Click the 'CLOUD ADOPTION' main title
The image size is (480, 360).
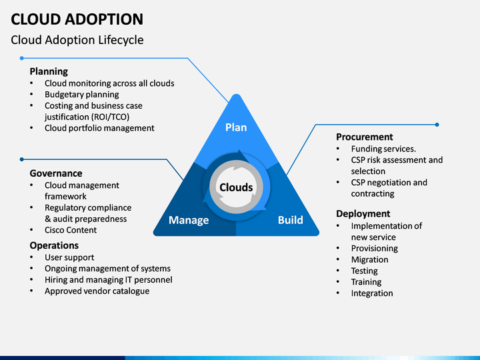[77, 19]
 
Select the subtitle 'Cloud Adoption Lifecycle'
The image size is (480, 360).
[77, 40]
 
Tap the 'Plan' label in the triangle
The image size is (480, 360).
[236, 127]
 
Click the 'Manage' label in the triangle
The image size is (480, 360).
[189, 220]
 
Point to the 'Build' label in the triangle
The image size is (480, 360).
[291, 220]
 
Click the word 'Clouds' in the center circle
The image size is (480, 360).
[236, 187]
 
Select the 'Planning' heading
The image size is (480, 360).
[49, 71]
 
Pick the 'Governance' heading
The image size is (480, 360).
[56, 173]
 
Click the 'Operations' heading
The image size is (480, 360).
[54, 245]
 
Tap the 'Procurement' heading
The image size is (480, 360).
[364, 137]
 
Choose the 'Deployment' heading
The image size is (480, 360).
[363, 214]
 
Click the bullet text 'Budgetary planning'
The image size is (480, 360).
[82, 95]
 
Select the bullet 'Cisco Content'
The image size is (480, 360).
[71, 230]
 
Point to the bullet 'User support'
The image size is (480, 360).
[69, 257]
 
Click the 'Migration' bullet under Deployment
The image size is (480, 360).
[369, 259]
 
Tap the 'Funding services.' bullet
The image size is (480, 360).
[383, 149]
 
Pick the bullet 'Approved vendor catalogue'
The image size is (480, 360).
[97, 291]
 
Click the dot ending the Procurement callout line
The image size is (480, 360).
[437, 125]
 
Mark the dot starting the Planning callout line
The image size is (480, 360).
[22, 58]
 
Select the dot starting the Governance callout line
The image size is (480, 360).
[22, 159]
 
